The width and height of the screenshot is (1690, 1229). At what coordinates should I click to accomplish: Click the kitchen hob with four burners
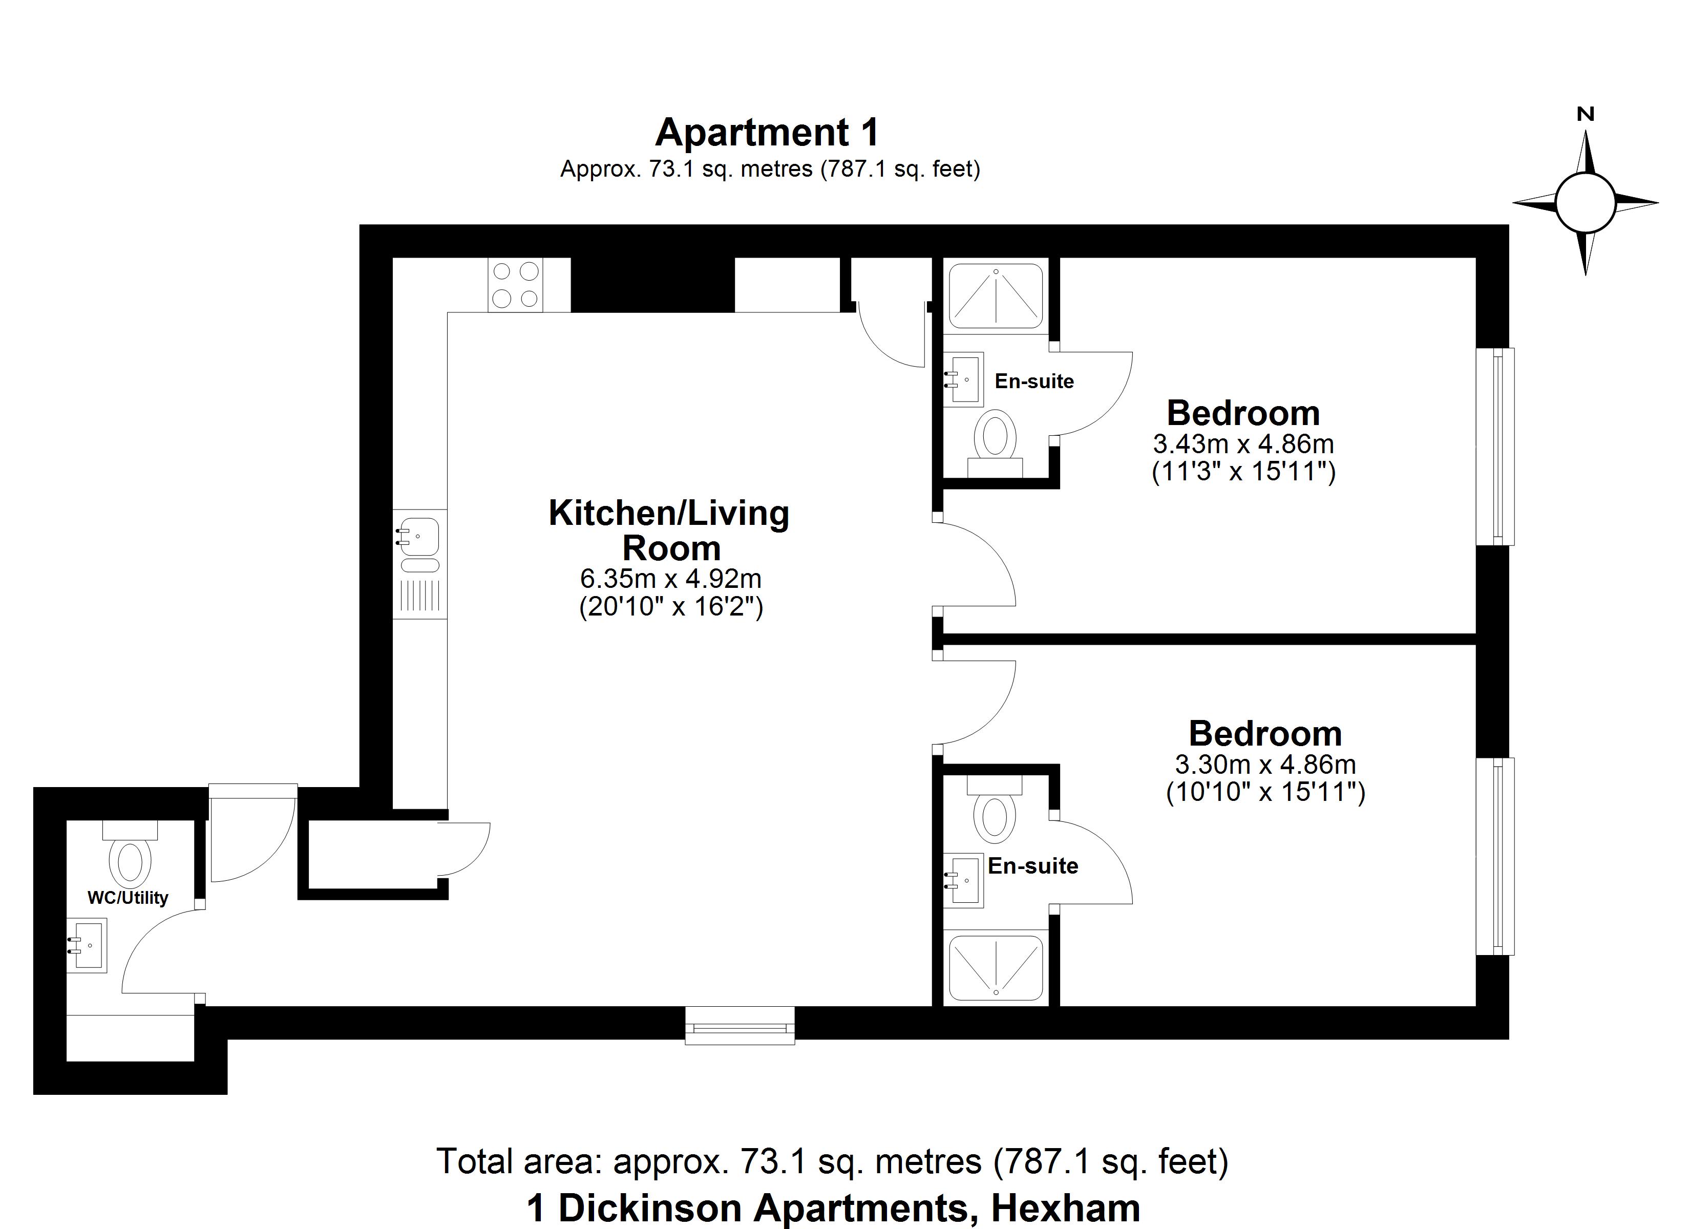click(x=515, y=285)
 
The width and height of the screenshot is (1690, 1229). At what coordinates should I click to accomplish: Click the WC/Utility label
click(x=128, y=898)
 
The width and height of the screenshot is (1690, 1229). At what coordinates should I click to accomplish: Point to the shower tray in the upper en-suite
click(x=996, y=296)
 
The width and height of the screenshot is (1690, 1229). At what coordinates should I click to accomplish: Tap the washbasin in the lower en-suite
click(x=963, y=880)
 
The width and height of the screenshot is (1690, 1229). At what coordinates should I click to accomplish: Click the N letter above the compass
click(x=1586, y=115)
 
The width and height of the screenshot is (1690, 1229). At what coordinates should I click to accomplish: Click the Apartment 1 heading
click(x=768, y=133)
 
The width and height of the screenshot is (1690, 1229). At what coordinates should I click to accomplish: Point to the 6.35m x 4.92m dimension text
click(x=671, y=578)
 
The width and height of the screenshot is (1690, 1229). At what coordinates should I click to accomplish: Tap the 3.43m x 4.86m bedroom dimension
click(x=1243, y=444)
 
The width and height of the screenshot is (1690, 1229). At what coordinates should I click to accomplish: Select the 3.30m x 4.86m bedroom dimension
click(x=1265, y=765)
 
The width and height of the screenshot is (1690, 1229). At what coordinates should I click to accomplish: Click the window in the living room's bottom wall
click(x=740, y=1026)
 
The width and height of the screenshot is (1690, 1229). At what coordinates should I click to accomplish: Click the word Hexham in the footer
click(x=1066, y=1208)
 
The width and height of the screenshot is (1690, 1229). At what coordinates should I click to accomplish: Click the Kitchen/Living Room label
click(x=669, y=531)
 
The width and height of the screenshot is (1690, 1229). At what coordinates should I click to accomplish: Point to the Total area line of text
click(x=832, y=1161)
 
